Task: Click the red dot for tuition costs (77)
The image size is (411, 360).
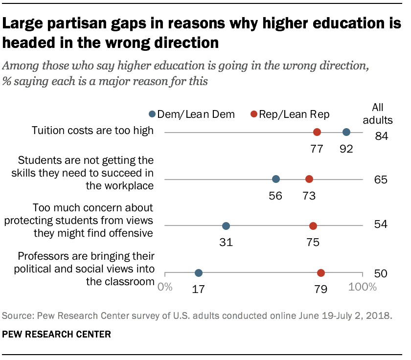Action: point(317,132)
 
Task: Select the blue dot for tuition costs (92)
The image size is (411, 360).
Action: point(346,132)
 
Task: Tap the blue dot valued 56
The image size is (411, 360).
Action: point(276,179)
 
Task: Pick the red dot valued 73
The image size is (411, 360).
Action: point(309,179)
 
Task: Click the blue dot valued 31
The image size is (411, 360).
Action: point(226,226)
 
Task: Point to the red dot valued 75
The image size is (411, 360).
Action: point(313,226)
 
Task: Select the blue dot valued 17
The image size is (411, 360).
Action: point(199,273)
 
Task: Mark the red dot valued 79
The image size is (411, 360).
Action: point(321,273)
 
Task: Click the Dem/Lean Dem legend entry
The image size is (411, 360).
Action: point(192,114)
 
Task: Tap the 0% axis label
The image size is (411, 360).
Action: point(165,287)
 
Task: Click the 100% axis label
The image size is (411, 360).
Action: point(363,287)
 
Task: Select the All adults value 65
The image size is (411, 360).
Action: point(381,180)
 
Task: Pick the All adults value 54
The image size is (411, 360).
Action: point(381,225)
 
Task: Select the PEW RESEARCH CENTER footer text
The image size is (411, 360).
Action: point(57,335)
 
